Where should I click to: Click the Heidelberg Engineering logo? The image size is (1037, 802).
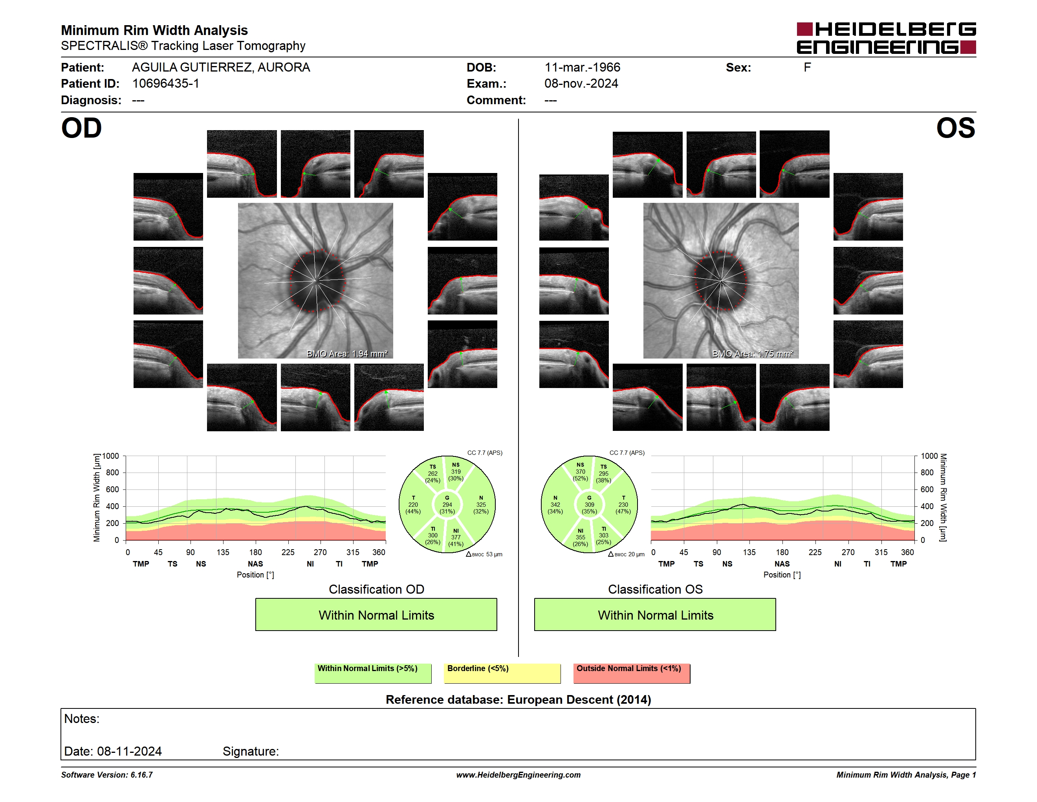point(886,38)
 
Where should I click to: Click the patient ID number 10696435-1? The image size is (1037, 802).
point(166,84)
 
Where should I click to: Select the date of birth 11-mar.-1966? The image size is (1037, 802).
point(582,68)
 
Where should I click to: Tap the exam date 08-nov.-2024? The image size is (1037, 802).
point(581,84)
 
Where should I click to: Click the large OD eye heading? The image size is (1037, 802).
point(82,128)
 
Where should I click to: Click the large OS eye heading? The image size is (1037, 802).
point(955,128)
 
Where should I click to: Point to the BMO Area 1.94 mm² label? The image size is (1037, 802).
point(347,353)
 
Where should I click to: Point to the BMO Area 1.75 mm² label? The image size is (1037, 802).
point(753,353)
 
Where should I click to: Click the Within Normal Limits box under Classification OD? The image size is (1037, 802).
point(376,614)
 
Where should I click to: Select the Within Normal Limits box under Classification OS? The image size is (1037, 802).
point(655,614)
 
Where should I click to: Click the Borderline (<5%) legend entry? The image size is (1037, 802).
point(502,673)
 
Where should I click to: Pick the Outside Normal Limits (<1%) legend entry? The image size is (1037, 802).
point(632,673)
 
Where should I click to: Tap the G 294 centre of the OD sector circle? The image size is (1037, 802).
point(447,504)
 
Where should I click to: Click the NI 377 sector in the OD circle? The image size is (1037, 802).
point(456,537)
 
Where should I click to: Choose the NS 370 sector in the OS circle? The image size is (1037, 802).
point(580,471)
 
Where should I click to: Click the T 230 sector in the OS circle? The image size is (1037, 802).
point(623,504)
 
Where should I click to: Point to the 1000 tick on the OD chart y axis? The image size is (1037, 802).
point(111,456)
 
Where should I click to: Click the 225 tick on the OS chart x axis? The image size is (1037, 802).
point(815,552)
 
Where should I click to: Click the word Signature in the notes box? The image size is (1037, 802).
point(251,751)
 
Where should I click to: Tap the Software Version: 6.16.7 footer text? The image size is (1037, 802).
point(107,775)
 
